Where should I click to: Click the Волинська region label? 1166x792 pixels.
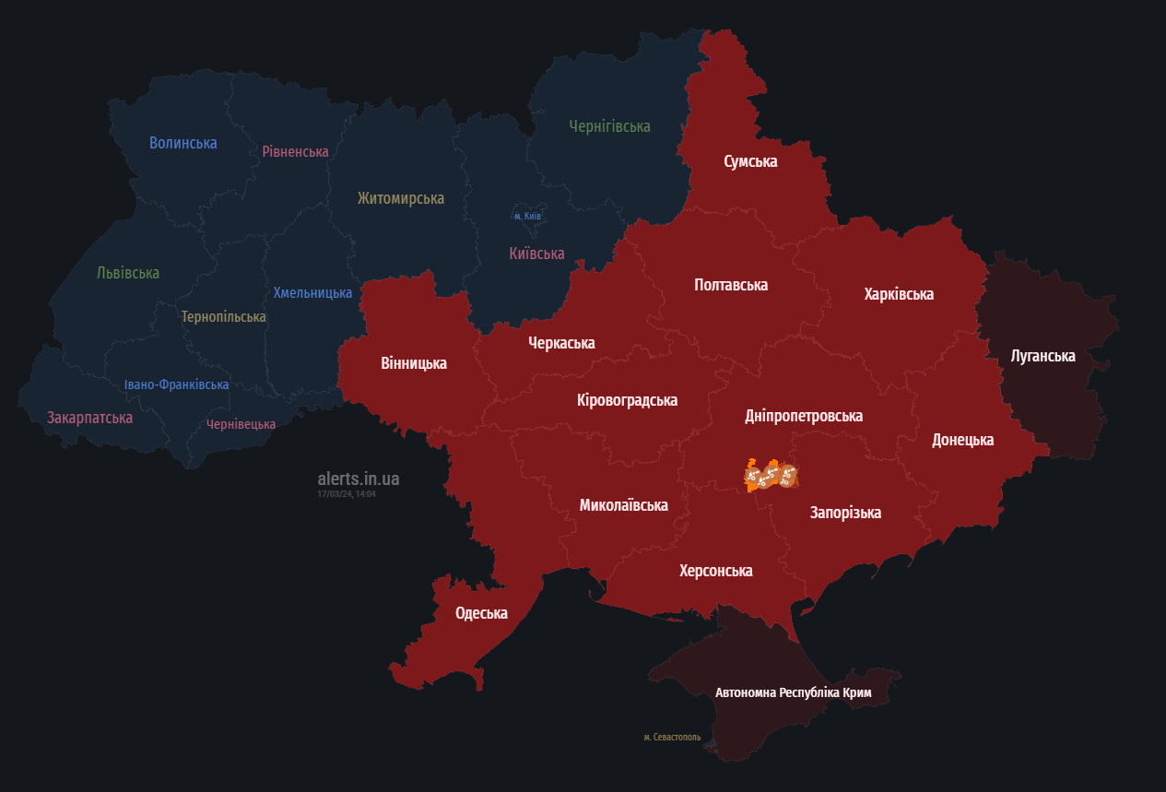tap(183, 143)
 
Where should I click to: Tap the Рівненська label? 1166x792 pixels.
tap(295, 151)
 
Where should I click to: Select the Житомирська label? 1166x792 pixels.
tap(401, 198)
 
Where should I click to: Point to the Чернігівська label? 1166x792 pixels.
tap(609, 126)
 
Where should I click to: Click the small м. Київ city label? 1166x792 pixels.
tap(528, 216)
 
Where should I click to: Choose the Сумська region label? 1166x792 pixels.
tap(750, 161)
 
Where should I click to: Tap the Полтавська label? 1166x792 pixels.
tap(731, 285)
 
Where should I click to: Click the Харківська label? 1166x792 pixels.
tap(899, 294)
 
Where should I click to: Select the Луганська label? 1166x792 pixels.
tap(1042, 356)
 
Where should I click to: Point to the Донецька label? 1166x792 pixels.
tap(962, 440)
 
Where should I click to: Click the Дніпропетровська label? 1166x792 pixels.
tap(804, 416)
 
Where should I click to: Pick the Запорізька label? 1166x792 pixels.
tap(845, 513)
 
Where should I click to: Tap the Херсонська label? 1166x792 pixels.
tap(716, 571)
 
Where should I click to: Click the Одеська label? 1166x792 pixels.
tap(481, 613)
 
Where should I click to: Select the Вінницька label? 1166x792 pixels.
tap(414, 363)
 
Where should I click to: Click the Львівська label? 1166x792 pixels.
tap(128, 273)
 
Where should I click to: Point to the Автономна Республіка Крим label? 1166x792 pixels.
tap(794, 692)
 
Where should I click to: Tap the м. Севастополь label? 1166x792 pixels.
tap(672, 738)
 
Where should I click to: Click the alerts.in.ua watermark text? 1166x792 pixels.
tap(359, 479)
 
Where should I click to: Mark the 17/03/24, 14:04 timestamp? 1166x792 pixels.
tap(347, 494)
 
